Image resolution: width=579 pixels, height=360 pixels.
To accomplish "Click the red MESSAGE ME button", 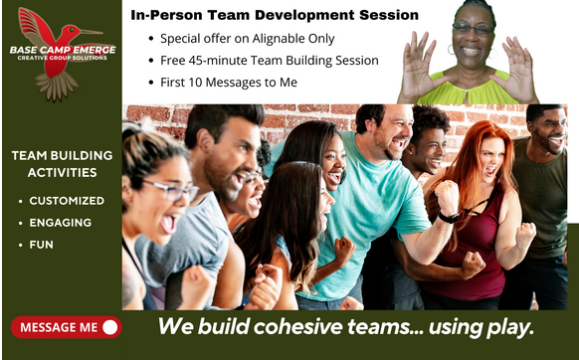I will (66, 326).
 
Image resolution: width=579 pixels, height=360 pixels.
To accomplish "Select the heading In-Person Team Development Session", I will (274, 16).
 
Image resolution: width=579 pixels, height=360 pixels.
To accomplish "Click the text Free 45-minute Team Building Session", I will (269, 61).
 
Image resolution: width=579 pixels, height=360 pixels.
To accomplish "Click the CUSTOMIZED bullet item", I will (67, 201).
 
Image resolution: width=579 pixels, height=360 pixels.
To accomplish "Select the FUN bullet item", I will (42, 245).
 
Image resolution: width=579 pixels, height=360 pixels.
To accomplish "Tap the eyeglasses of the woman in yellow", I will (472, 29).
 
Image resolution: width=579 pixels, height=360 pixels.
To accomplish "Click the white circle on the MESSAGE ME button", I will (109, 326).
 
